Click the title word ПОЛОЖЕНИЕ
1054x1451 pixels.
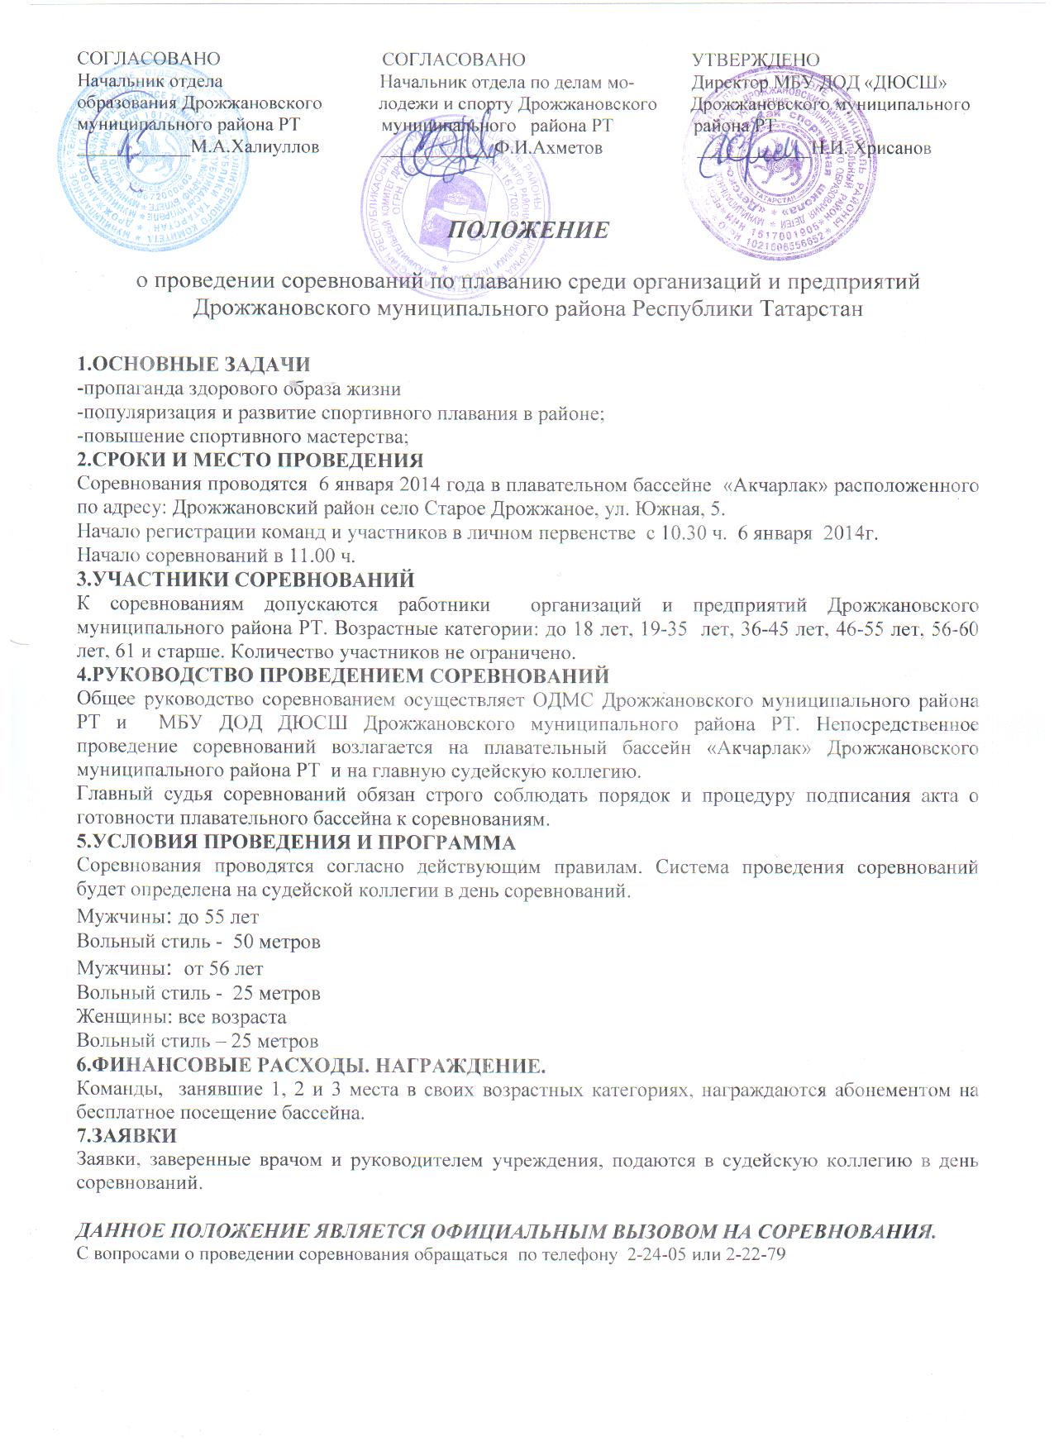[528, 229]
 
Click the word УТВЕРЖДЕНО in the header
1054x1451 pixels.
[756, 60]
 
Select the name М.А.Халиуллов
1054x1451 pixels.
[255, 147]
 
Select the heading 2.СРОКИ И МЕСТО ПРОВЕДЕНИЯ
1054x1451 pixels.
[250, 460]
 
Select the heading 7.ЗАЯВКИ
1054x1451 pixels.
[126, 1136]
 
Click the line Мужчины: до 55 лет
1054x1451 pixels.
[168, 917]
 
